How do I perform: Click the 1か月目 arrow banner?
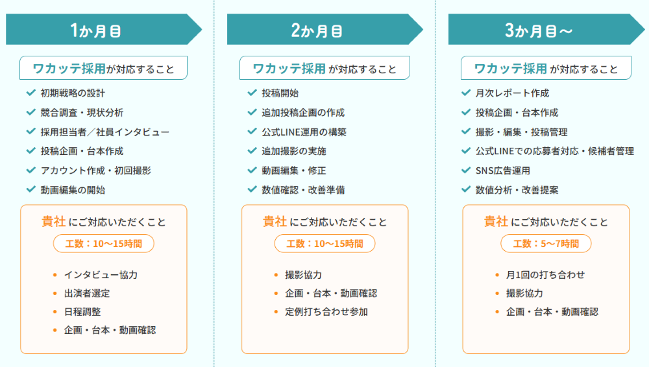[103, 29]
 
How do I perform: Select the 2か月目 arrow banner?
[325, 29]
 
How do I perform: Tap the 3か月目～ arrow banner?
[546, 29]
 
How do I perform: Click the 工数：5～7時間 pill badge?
[546, 244]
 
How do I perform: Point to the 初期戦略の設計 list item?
[73, 93]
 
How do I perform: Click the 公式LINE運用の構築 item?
[304, 132]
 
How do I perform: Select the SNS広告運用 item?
[502, 171]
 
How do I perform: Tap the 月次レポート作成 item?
[512, 93]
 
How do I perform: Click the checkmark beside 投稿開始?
[252, 93]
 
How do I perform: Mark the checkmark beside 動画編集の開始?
[31, 189]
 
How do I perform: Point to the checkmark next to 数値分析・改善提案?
[466, 189]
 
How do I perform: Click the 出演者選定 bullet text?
[87, 293]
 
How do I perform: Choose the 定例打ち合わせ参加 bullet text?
[326, 312]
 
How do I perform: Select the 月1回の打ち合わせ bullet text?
[545, 275]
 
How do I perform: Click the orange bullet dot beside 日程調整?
[55, 312]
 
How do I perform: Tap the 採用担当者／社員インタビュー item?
[105, 132]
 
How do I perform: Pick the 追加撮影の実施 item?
[294, 151]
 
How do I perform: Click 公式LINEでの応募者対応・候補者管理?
[555, 151]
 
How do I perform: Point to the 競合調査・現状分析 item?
[82, 113]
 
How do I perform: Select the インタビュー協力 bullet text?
[101, 275]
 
